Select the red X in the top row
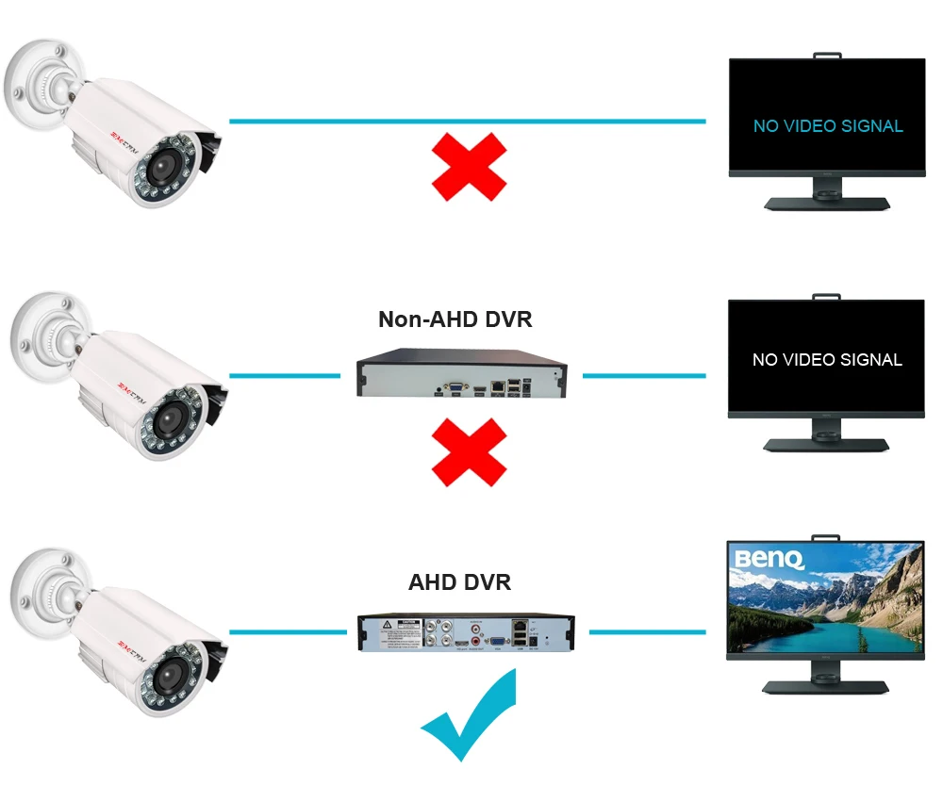[x=469, y=167]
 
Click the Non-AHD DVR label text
[x=455, y=319]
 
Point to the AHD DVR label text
[x=459, y=582]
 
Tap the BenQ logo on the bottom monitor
[x=769, y=560]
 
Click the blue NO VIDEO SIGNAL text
[x=827, y=125]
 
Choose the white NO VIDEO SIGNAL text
[x=827, y=359]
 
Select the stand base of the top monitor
[x=826, y=203]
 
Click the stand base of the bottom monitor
[x=826, y=686]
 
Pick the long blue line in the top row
[x=467, y=121]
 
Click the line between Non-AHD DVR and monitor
[x=643, y=375]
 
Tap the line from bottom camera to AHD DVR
[x=288, y=631]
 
